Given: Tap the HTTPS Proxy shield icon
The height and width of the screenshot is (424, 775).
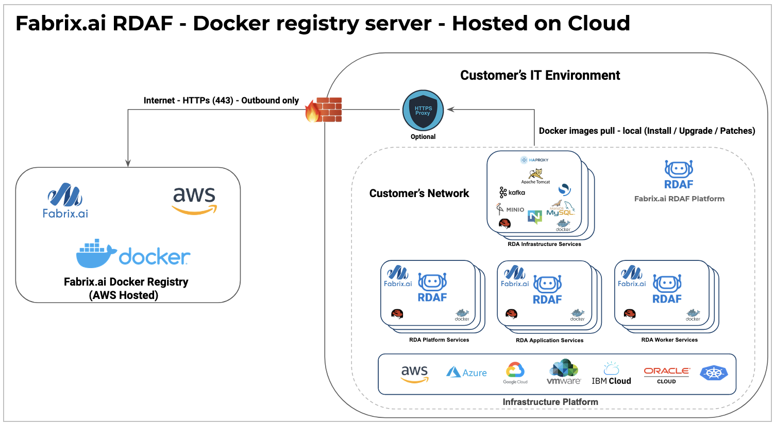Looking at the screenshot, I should coord(423,110).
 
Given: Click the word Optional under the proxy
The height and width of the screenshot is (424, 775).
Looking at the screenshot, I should coord(423,137).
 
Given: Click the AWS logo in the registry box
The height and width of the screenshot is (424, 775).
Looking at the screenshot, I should coord(194,200).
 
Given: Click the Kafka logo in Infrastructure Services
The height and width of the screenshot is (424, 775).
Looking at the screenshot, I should coord(512,192).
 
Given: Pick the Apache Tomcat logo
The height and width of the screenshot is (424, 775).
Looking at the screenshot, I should coord(535,175).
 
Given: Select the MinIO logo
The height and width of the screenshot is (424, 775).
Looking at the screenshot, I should coord(510,209).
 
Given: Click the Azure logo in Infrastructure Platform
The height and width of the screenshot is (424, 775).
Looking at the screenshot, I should coord(466,373).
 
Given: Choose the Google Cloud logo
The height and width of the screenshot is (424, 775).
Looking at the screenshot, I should coord(515,373).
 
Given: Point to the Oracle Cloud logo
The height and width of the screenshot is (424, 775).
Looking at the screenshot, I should coord(667,374).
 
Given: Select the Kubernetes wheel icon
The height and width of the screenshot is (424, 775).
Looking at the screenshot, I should coord(714,373).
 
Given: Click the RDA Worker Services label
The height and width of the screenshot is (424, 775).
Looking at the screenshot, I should coord(669,340).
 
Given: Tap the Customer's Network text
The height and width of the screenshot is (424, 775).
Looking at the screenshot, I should coord(419,193).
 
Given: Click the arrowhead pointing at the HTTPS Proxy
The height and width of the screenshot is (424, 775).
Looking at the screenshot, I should coord(450,110).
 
